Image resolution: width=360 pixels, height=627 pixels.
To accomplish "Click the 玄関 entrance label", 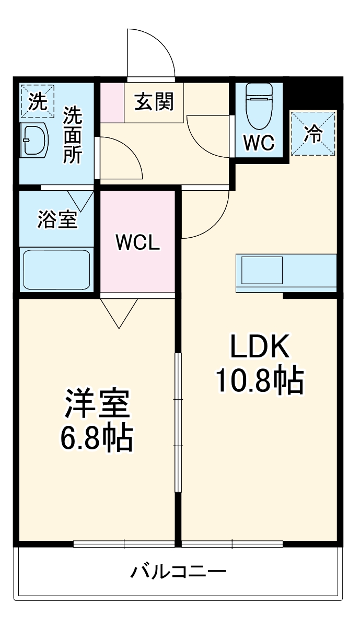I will click(x=154, y=102).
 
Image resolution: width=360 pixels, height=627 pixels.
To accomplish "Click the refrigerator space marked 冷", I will click(x=313, y=133).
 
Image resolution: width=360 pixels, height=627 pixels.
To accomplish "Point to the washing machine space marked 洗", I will click(x=37, y=100).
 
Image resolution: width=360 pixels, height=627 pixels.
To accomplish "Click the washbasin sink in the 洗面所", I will click(x=36, y=141).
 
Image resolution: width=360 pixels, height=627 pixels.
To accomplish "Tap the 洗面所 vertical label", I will click(x=72, y=135).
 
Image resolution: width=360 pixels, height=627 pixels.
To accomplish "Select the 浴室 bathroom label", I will click(x=56, y=219).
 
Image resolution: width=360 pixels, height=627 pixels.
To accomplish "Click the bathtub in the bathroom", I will click(x=56, y=269).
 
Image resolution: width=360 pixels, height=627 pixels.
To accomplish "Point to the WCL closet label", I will click(x=137, y=242).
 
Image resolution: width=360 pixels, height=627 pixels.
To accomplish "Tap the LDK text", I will click(x=260, y=347).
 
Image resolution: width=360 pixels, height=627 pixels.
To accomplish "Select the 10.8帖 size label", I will click(x=260, y=381).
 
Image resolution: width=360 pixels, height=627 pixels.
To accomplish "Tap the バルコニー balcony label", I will click(x=179, y=571).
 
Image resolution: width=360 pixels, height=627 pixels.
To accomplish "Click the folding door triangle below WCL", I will click(x=119, y=312).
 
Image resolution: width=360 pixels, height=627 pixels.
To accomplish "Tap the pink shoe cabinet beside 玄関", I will click(x=112, y=102).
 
